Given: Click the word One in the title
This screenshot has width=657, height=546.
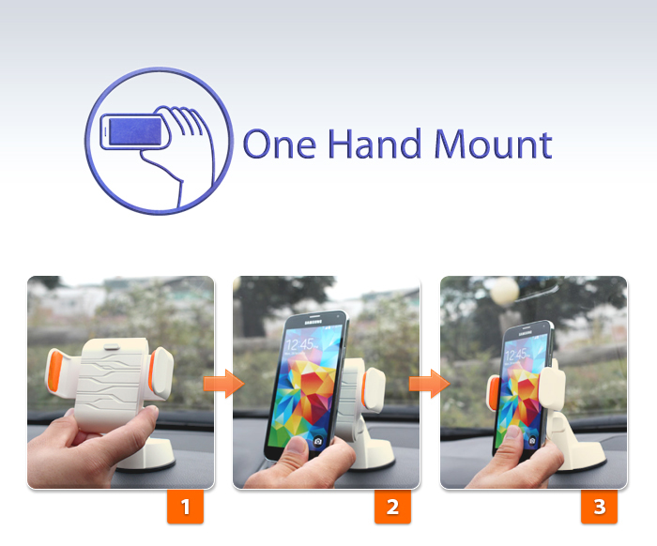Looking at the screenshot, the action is click(x=280, y=144).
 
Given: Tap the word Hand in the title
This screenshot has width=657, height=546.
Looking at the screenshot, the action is click(x=374, y=144).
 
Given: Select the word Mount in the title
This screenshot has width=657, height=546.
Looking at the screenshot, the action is click(x=493, y=144).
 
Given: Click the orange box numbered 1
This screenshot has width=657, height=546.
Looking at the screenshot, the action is click(x=185, y=507).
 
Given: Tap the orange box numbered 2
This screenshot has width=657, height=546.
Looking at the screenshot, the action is click(x=392, y=507).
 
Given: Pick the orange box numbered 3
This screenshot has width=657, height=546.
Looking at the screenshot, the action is click(x=599, y=507).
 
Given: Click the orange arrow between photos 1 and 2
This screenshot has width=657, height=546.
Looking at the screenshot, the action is click(x=223, y=383).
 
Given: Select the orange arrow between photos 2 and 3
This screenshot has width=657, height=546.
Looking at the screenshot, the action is click(x=430, y=383).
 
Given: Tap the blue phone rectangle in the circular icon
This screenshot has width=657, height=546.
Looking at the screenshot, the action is click(x=135, y=132).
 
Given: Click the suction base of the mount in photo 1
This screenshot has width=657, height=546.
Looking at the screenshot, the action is click(x=146, y=456).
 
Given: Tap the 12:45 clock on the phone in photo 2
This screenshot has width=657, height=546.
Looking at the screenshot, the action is click(x=300, y=345).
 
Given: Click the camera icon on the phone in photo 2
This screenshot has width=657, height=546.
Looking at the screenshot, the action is click(x=317, y=441).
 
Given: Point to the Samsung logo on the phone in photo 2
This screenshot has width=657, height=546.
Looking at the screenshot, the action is click(x=313, y=322).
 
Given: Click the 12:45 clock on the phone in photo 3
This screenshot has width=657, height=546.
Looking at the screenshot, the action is click(x=515, y=356).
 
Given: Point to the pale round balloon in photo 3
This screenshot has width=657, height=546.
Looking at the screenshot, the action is click(x=505, y=291).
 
